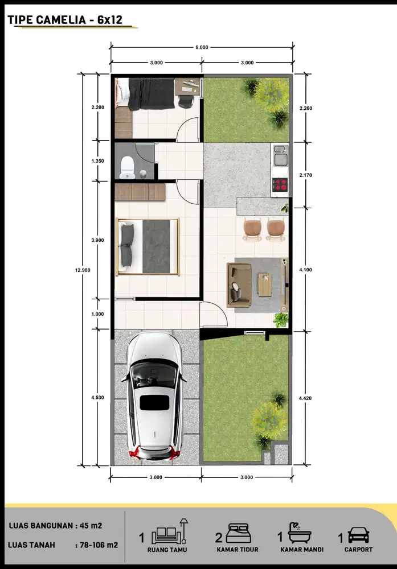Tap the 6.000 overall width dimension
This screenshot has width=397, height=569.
(x=201, y=47)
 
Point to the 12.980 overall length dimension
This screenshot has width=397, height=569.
(x=85, y=270)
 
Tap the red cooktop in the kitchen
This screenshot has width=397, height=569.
(x=280, y=184)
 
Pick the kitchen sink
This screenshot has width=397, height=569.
(x=280, y=154)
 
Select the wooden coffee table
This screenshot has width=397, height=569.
(x=265, y=284)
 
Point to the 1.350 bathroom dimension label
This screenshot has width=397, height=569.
(x=97, y=161)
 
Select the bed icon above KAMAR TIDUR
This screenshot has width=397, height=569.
(x=238, y=534)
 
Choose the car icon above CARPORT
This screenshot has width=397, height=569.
(x=358, y=535)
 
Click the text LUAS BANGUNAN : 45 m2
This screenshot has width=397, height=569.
(x=56, y=526)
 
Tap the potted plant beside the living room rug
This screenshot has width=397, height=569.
(x=280, y=319)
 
